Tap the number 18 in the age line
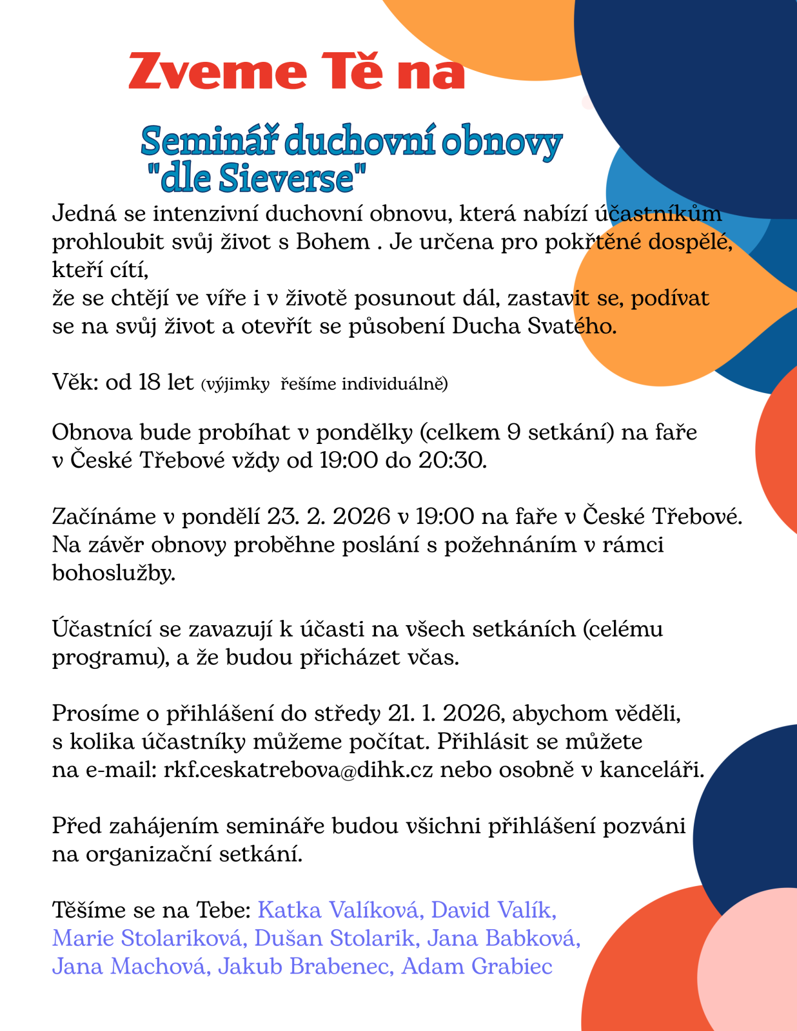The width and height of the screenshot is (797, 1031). coord(149,382)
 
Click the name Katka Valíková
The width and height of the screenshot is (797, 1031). coord(340,910)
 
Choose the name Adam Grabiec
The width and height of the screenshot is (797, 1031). coord(477,967)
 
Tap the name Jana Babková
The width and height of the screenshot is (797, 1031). coord(504,938)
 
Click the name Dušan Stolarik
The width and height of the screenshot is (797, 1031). coord(335,938)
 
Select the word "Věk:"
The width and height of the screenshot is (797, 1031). coord(75,382)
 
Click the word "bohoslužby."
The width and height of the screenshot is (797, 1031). coord(113,573)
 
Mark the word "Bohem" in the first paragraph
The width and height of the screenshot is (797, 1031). coord(333,242)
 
